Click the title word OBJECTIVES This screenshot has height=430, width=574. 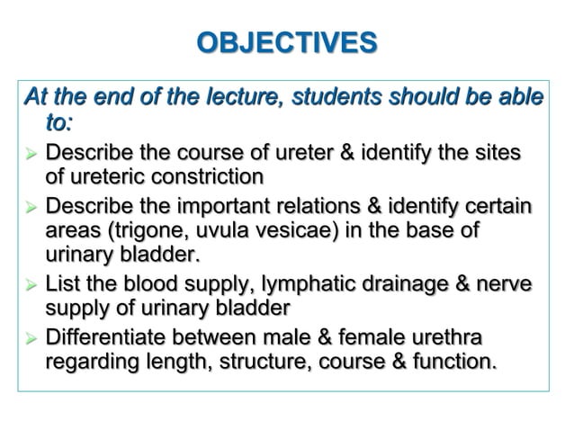(x=286, y=42)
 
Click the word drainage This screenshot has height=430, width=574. (x=407, y=286)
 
